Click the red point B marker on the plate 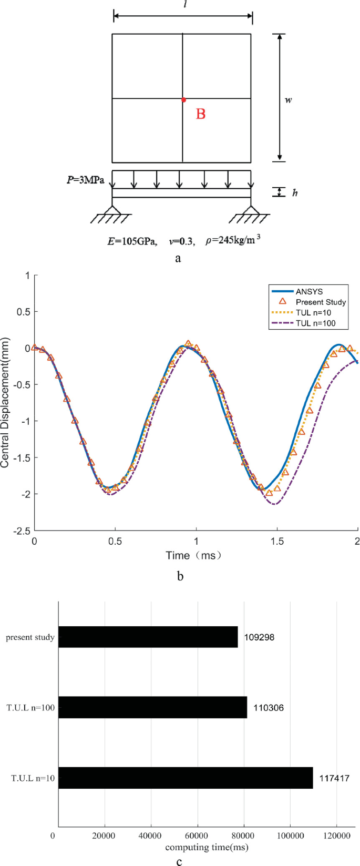[x=183, y=99]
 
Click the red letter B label [x=200, y=114]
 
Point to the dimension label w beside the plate [x=288, y=99]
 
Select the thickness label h [x=295, y=192]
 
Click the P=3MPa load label [x=85, y=180]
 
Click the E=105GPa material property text [x=131, y=242]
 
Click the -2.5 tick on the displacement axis [x=22, y=531]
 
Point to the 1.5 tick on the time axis [x=277, y=542]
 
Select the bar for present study [x=148, y=637]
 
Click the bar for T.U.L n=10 [x=186, y=778]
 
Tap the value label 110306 [x=268, y=708]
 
